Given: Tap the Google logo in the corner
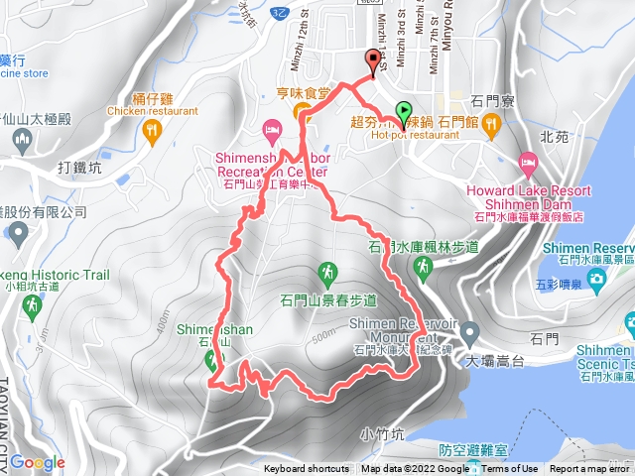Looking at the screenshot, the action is point(38,461).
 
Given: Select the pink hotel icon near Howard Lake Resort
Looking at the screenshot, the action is point(528,162).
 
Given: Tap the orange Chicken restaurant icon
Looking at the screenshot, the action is point(151,129).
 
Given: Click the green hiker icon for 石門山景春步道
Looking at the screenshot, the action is point(327,270).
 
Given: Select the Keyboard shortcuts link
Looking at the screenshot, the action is point(307,469).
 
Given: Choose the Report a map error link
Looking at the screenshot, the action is point(590,469).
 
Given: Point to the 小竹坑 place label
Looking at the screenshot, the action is point(382,433).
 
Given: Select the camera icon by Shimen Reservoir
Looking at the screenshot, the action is point(598,282).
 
